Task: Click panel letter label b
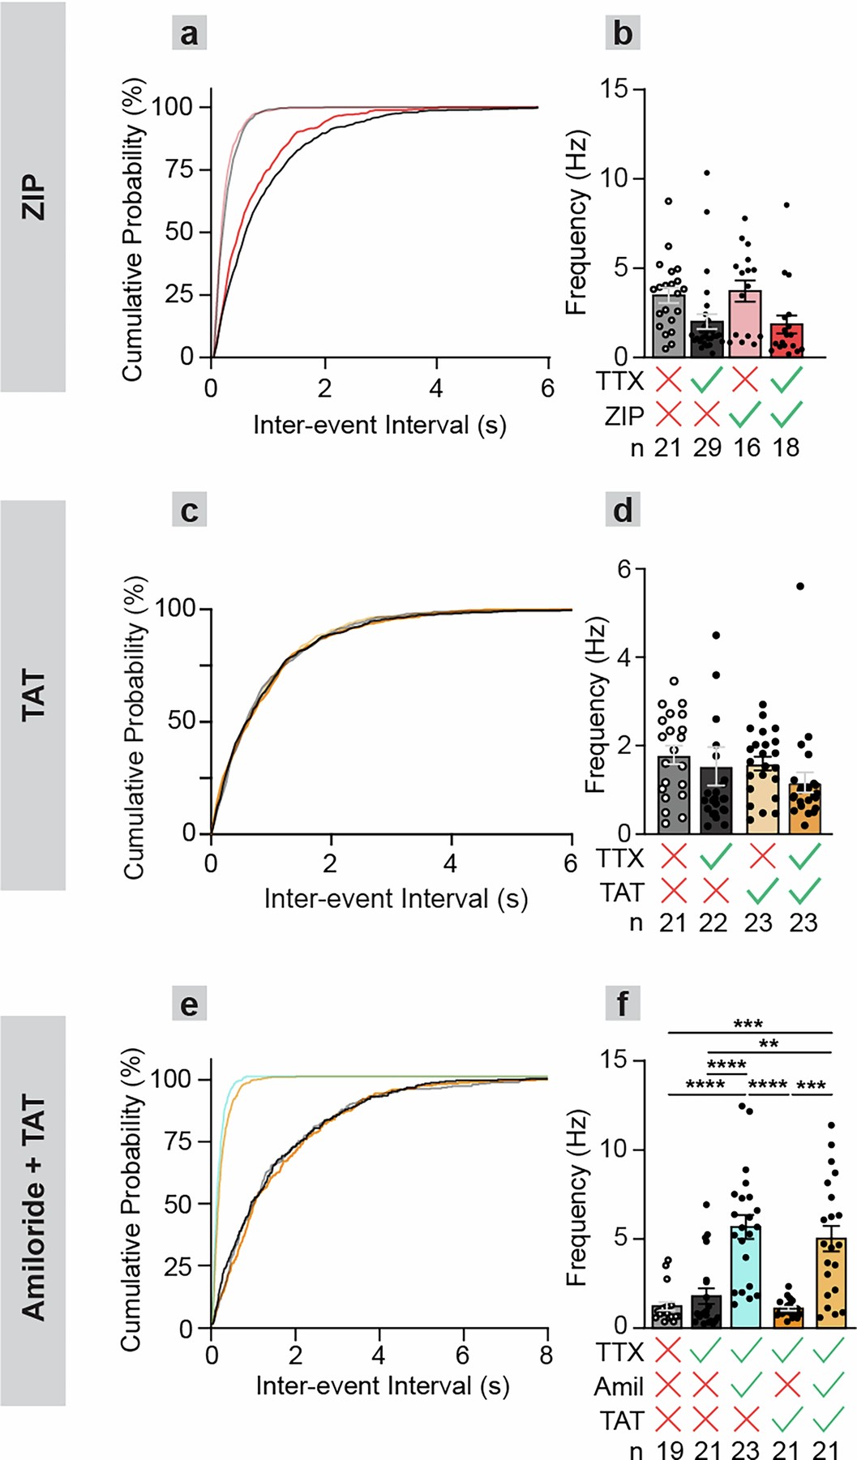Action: tap(623, 34)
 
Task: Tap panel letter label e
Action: tap(189, 1005)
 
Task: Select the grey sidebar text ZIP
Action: tap(33, 197)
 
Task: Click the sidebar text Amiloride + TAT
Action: tap(33, 1208)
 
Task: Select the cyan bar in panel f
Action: tap(745, 1277)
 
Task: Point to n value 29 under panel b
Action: tap(707, 447)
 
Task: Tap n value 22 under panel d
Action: tap(713, 923)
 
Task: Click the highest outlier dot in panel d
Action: tap(800, 586)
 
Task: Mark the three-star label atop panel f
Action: tap(748, 1025)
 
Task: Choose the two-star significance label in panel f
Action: tap(768, 1045)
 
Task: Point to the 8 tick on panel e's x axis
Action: tap(546, 1355)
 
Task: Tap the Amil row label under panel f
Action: tap(619, 1387)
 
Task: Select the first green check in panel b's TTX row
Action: tap(707, 380)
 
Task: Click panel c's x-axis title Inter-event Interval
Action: tap(379, 899)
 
